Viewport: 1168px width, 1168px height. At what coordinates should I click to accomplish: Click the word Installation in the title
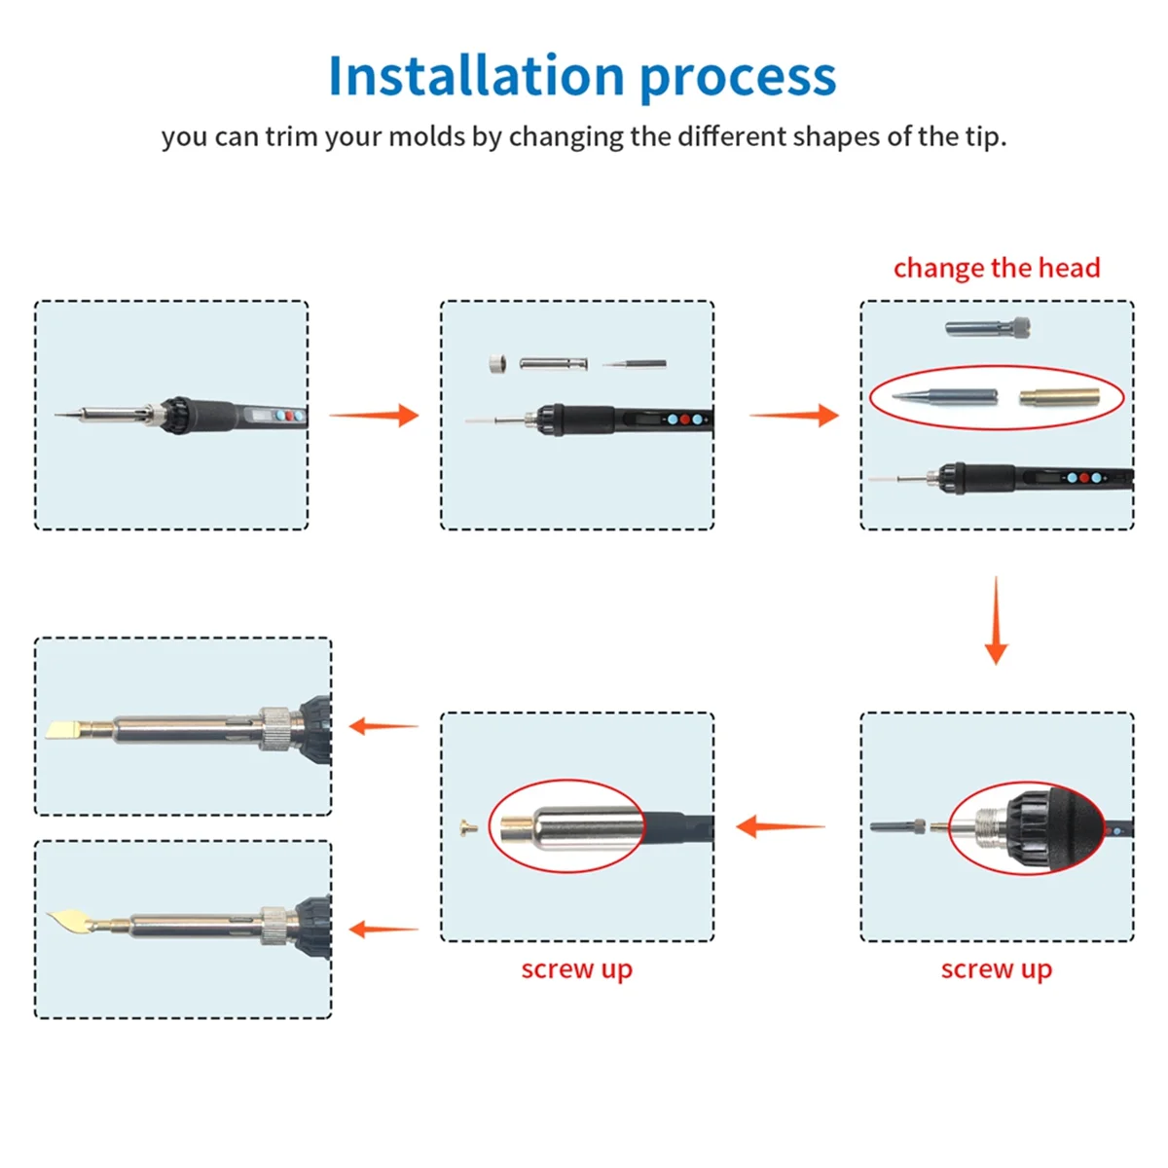pyautogui.click(x=476, y=77)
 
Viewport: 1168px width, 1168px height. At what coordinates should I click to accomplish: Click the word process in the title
pyautogui.click(x=738, y=77)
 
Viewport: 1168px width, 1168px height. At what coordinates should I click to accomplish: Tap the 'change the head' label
pyautogui.click(x=996, y=268)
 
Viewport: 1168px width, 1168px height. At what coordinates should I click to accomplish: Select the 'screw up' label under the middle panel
pyautogui.click(x=576, y=969)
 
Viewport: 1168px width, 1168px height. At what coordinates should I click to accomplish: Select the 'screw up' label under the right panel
pyautogui.click(x=996, y=969)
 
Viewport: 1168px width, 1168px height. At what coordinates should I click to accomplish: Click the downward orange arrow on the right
pyautogui.click(x=996, y=623)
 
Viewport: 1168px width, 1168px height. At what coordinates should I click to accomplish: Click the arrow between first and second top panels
pyautogui.click(x=375, y=416)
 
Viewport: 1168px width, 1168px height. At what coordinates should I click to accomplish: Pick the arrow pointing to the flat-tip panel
pyautogui.click(x=383, y=726)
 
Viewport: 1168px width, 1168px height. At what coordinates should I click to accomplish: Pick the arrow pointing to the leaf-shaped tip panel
pyautogui.click(x=383, y=930)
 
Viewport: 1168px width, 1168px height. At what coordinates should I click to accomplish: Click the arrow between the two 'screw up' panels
pyautogui.click(x=780, y=827)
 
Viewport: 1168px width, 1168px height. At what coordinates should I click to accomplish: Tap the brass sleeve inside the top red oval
pyautogui.click(x=1059, y=397)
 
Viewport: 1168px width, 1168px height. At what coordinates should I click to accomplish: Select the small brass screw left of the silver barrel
pyautogui.click(x=466, y=829)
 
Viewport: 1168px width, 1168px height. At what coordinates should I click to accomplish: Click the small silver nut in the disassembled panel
pyautogui.click(x=497, y=364)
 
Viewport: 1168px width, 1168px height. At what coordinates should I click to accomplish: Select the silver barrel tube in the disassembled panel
pyautogui.click(x=553, y=364)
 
